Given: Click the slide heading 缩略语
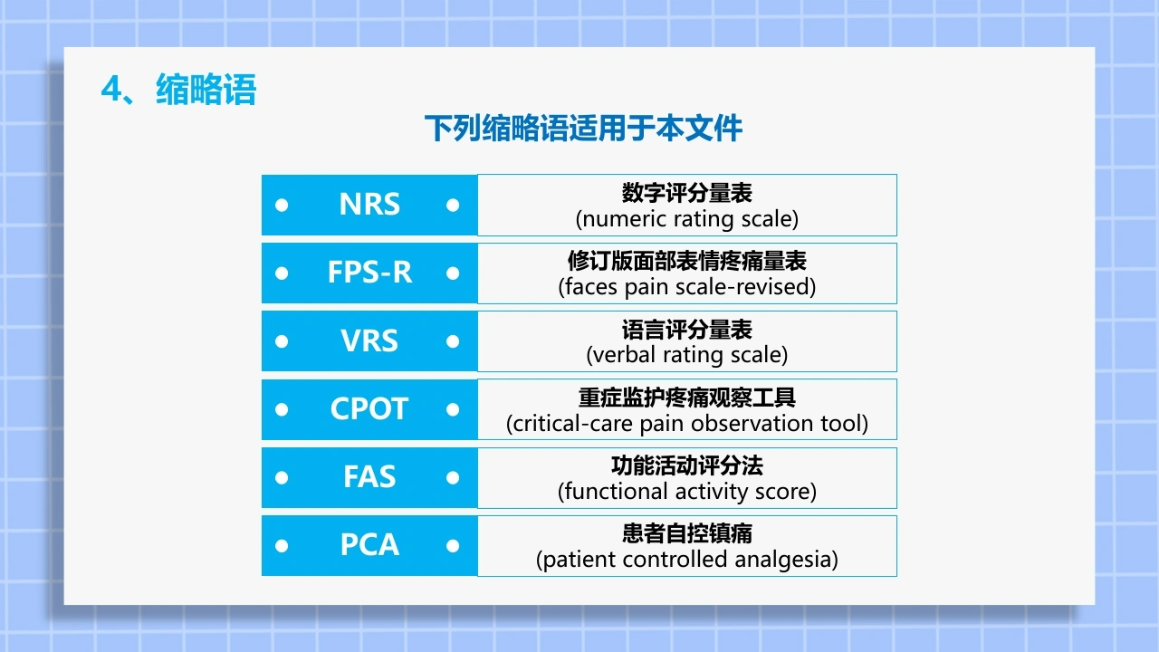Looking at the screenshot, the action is click(x=206, y=90).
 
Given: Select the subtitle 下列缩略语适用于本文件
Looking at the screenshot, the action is click(x=583, y=129).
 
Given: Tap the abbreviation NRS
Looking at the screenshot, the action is click(x=369, y=204).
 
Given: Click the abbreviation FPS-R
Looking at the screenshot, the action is click(x=369, y=273).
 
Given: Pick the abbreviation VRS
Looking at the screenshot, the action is click(x=369, y=340).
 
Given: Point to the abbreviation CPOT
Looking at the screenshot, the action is click(x=369, y=408).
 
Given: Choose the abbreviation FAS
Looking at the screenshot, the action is click(x=369, y=476).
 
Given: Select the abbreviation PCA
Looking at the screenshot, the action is click(x=369, y=545).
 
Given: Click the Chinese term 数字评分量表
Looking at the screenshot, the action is click(x=686, y=193).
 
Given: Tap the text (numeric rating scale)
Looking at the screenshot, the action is click(x=686, y=219).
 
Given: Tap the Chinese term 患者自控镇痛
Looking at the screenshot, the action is click(x=686, y=533).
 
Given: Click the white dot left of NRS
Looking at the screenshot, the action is click(x=282, y=206).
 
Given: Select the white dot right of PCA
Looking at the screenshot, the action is click(x=453, y=546).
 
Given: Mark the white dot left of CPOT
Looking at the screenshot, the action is click(x=282, y=410).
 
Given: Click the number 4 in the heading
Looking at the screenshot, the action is click(x=111, y=89).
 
